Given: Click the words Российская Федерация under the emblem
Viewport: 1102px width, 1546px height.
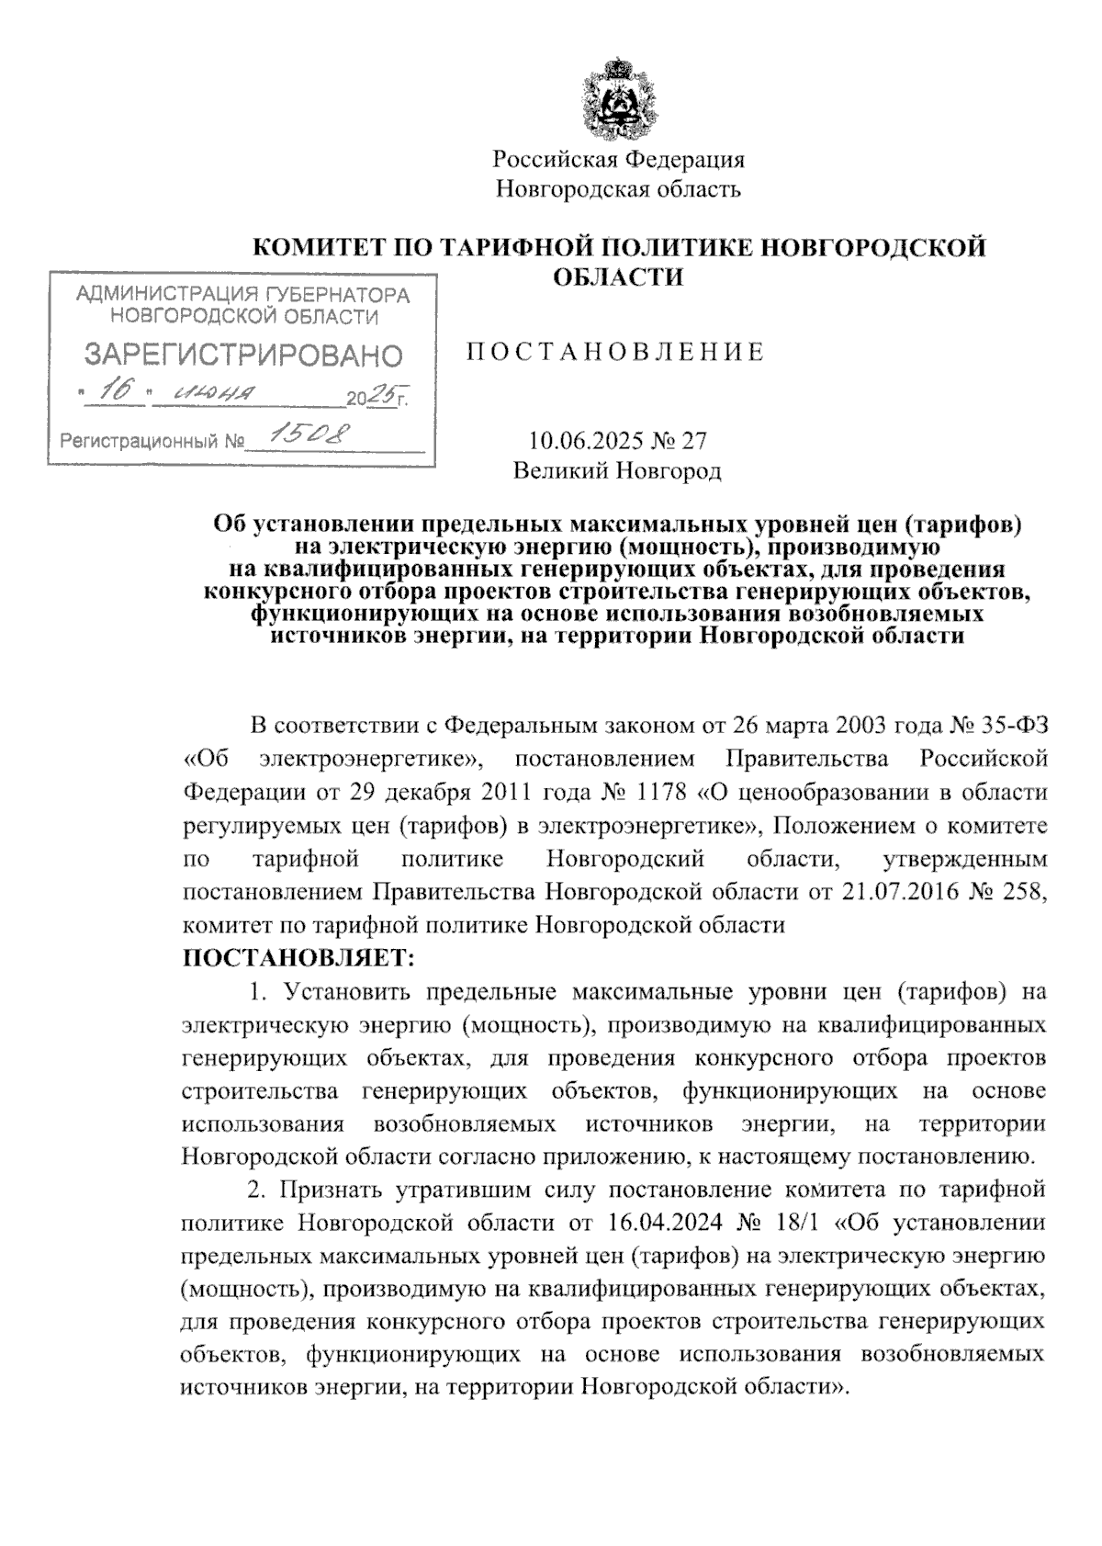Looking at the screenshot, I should tap(618, 160).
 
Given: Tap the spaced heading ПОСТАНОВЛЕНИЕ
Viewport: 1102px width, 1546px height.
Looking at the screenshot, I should tap(616, 353).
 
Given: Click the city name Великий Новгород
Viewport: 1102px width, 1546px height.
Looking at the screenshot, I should tap(617, 471).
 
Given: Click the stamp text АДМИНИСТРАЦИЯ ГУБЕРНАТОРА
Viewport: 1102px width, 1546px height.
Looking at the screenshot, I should tap(242, 295).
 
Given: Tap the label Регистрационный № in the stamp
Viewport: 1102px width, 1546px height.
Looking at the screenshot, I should tap(152, 443).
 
